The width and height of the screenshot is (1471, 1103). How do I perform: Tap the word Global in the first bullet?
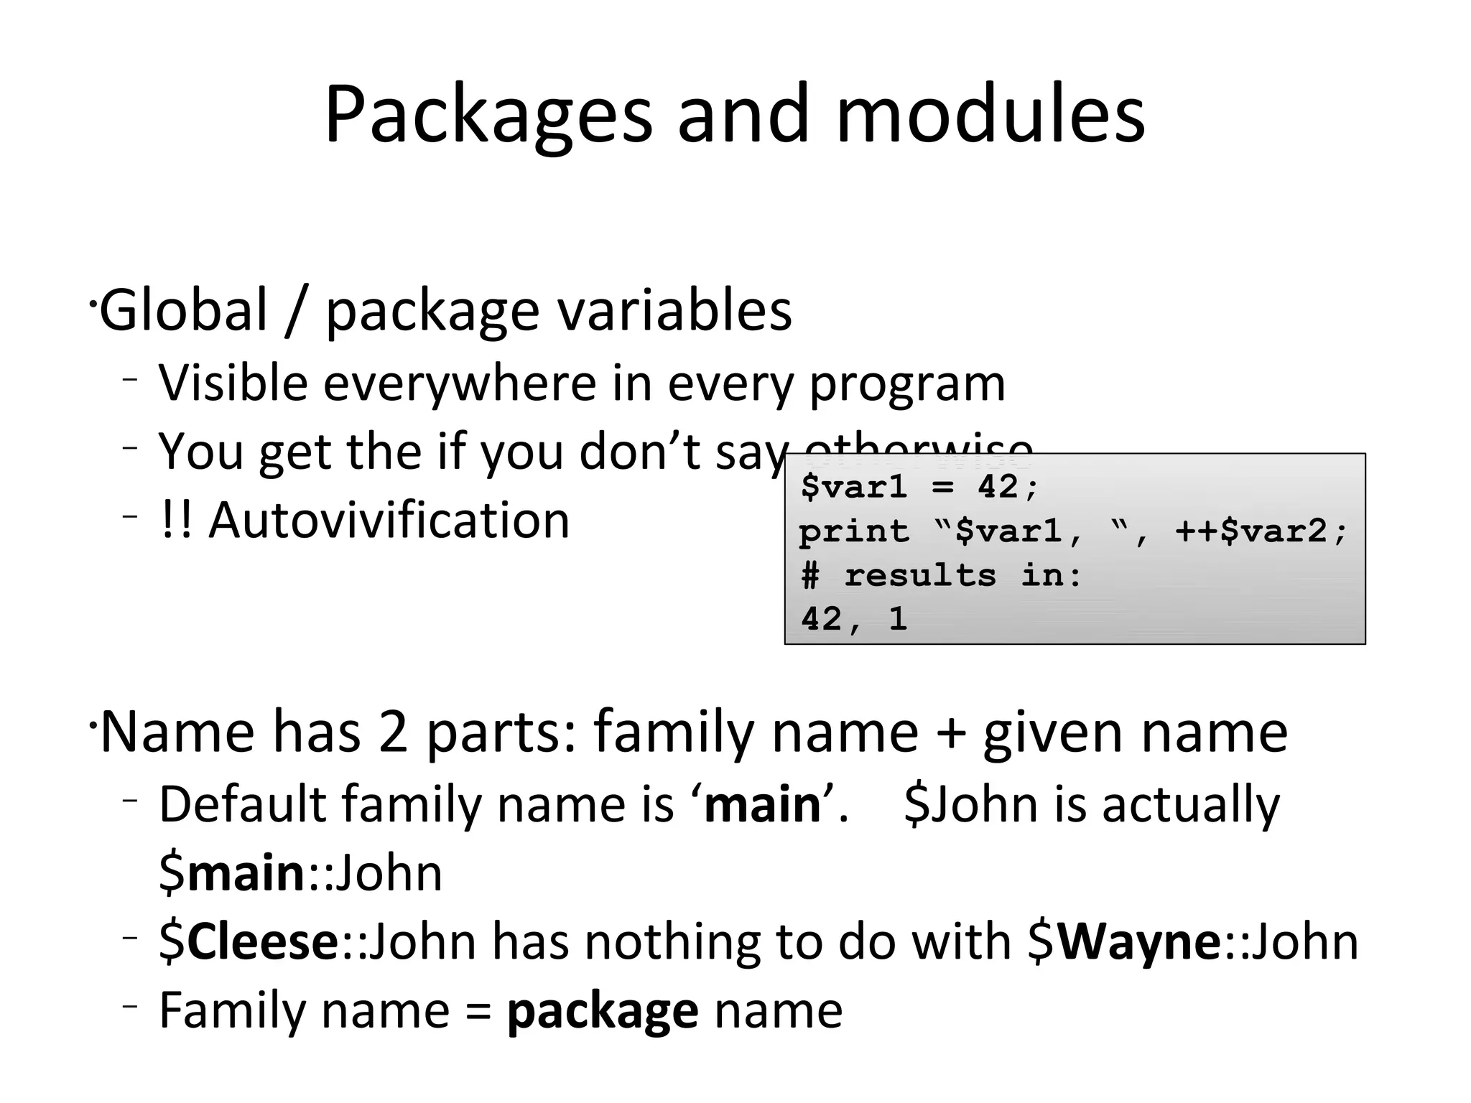coord(183,310)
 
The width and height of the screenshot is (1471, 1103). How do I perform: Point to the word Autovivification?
coord(389,520)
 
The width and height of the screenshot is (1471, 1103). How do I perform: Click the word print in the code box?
coord(854,532)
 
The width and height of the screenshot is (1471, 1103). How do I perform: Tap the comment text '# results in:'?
coord(941,575)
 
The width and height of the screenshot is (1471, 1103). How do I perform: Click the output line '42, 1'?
coord(854,619)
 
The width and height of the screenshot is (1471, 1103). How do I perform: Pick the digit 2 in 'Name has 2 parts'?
coord(393,732)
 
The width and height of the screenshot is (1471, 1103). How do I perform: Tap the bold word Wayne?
coord(1138,941)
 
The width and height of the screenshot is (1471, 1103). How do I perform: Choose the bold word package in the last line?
coord(602,1011)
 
